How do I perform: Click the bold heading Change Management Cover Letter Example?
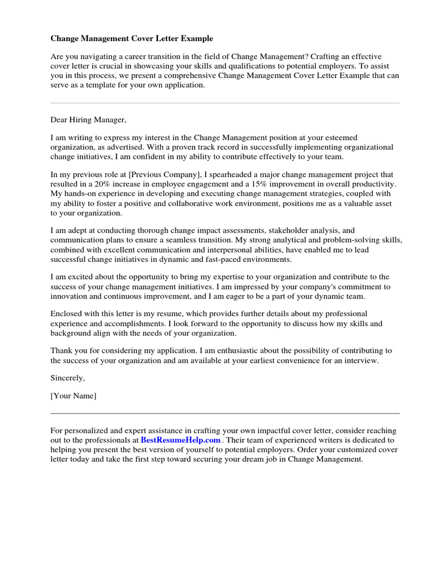pos(131,39)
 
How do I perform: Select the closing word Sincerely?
pos(68,378)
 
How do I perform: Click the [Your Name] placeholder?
pos(73,396)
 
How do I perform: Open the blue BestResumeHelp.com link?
pos(180,440)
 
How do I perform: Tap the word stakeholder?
pos(284,230)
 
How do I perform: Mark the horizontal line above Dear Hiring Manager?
pos(225,103)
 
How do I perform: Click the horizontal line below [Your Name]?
pos(225,413)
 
